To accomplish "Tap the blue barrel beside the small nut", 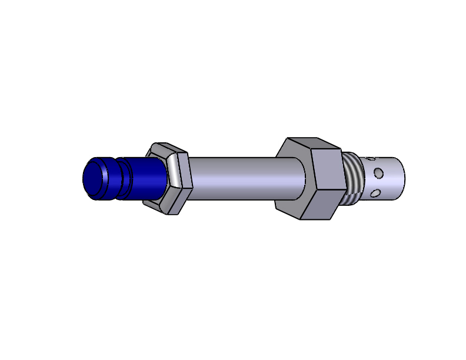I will pos(144,178).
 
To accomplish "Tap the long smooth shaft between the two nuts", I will pos(235,176).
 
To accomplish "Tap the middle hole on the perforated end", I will pos(379,173).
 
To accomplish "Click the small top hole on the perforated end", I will pos(370,158).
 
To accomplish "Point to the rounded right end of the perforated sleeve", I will pos(400,176).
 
